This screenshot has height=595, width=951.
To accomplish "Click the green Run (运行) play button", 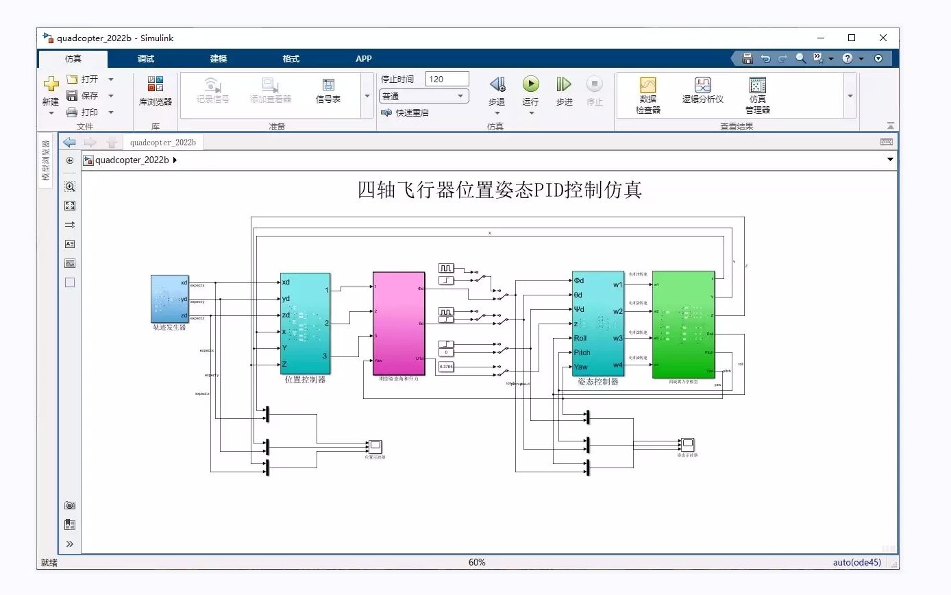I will [531, 84].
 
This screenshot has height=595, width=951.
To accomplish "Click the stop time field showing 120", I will [447, 79].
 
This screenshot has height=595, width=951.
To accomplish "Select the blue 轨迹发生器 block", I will [169, 298].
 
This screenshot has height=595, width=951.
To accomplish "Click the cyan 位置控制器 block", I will [305, 323].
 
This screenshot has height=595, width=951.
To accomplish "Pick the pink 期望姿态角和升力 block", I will [399, 323].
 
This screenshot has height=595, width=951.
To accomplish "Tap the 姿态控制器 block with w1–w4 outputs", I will [598, 323].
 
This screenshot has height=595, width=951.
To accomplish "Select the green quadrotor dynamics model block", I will [683, 323].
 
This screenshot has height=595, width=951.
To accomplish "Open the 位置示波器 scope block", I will [375, 446].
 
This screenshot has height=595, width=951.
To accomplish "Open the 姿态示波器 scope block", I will [687, 444].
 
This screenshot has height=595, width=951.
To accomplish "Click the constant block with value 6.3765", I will [446, 367].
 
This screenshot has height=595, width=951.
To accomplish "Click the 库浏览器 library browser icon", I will [156, 84].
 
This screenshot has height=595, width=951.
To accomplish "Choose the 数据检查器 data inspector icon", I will [648, 85].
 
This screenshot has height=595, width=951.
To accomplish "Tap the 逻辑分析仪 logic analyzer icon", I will [702, 85].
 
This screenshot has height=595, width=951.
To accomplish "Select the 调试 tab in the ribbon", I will [146, 59].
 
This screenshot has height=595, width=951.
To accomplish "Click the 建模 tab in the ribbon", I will [219, 59].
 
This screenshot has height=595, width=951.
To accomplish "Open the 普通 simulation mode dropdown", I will [423, 97].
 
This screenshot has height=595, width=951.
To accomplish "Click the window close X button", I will [883, 38].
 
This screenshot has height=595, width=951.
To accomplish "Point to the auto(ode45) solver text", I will [856, 563].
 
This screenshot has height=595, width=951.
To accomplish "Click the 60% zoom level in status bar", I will [477, 563].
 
